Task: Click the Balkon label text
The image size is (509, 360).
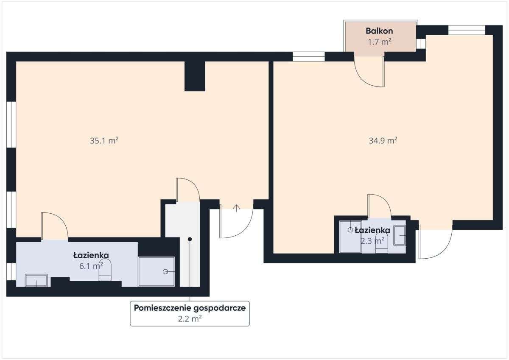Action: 379,31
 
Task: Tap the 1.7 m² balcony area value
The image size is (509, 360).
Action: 379,42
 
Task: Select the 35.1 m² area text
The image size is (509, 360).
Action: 104,141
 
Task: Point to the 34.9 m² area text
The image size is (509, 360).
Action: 383,141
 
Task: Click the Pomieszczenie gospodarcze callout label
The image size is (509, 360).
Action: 190,308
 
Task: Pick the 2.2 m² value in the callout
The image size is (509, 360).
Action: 190,319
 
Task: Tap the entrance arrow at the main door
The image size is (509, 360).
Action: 237,207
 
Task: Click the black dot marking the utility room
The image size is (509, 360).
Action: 190,240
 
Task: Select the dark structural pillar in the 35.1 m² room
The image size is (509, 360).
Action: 195,76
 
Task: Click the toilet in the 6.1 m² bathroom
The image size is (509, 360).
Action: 105,271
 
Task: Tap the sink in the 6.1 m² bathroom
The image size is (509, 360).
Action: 36,280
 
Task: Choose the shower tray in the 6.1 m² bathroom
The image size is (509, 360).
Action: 157,271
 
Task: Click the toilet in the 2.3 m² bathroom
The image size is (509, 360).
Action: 381,244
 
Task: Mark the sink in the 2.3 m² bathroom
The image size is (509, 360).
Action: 400,235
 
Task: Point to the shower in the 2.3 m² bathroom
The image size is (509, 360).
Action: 350,237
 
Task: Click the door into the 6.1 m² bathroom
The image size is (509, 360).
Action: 54,226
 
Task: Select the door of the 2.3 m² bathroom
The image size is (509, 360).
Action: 379,206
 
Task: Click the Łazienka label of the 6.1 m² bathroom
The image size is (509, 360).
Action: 91,255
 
